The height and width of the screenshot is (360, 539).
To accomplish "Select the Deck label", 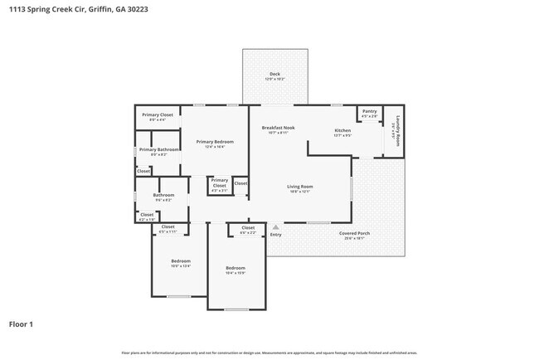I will pos(274,75).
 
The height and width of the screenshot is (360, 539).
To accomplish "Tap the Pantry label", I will pos(369,110).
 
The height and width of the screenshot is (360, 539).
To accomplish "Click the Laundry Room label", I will pos(397,129).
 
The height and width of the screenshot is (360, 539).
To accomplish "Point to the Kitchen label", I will pos(342,131).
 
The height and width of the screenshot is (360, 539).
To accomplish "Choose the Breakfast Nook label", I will pos(278,128).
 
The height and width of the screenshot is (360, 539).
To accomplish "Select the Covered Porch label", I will pos(354,233).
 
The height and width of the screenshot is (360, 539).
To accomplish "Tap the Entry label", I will pos(275,235).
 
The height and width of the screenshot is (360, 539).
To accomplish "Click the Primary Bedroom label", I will pos(215,142).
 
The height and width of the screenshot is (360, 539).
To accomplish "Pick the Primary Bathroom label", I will pos(158,149).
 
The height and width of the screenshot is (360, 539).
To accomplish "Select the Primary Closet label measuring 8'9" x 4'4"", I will pos(157,114).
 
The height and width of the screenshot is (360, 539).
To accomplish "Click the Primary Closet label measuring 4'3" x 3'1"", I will pos(219,182).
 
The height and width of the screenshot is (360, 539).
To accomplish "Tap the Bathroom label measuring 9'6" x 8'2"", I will pos(163,195).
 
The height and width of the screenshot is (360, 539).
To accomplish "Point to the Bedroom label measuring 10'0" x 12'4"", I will pos(169,261).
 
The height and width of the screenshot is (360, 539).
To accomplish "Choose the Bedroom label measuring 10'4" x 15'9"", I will pos(236,268).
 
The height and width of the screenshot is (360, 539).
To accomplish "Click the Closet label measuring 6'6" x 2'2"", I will pos(248,227).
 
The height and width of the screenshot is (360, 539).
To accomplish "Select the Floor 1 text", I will pos(21,324).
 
